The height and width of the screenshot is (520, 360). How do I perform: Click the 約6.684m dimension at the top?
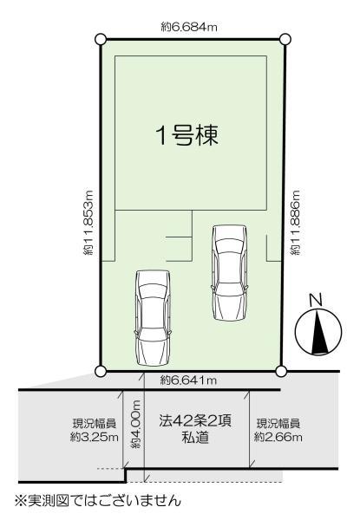pos(189,28)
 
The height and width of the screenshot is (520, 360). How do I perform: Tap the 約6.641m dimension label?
pos(188,380)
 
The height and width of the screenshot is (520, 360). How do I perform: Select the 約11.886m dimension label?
pos(297,224)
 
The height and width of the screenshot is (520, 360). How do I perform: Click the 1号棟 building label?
pos(186,135)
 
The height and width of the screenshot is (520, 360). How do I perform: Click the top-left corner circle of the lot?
pos(101,39)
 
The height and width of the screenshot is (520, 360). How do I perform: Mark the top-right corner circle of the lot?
pos(285,39)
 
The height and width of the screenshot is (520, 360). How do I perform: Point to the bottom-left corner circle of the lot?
pos(101,371)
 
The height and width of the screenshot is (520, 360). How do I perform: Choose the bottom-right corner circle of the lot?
pos(280,371)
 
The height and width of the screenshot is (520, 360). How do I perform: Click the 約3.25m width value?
pos(94,439)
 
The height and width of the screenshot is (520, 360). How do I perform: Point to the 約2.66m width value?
pos(278,439)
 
